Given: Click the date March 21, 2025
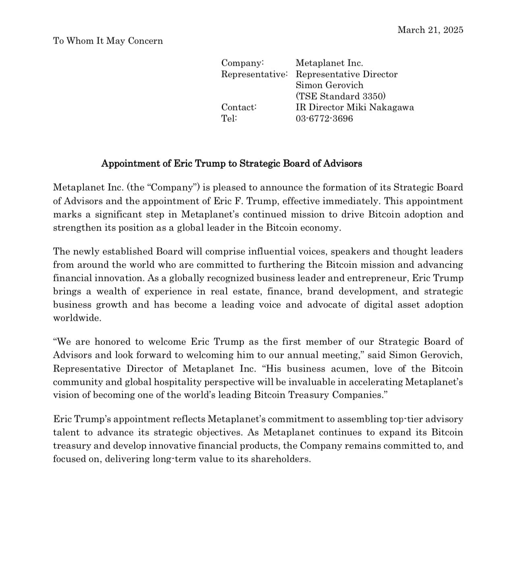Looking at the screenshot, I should (430, 30).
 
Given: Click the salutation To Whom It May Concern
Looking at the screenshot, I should (108, 41).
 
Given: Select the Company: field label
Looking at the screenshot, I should (243, 63).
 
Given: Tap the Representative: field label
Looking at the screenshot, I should (254, 74).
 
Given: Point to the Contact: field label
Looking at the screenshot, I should (239, 107).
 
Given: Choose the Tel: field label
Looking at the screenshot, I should (229, 118).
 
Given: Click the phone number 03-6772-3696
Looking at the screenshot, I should (324, 118).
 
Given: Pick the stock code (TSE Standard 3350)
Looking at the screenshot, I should (341, 96).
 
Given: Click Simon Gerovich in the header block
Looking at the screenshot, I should (329, 85).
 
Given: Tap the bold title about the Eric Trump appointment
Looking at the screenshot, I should (231, 163).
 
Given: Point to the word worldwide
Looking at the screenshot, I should (77, 318).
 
